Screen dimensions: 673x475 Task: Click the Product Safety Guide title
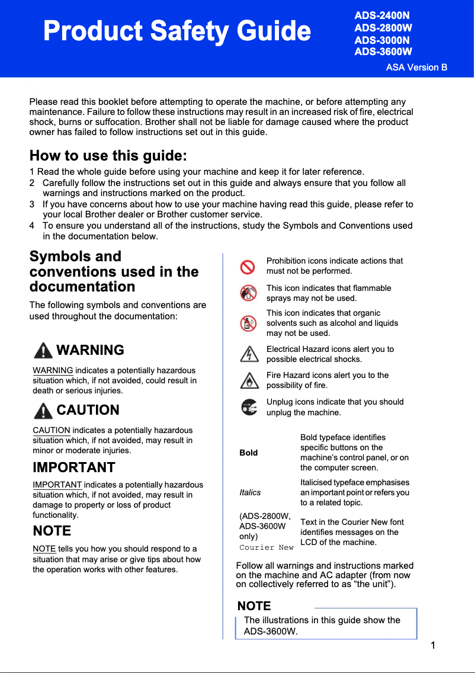click(177, 31)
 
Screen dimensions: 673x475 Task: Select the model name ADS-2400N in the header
click(381, 15)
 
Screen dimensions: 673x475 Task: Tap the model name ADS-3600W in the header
click(383, 52)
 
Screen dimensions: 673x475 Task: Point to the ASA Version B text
click(416, 67)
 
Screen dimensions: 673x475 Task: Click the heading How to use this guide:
click(108, 156)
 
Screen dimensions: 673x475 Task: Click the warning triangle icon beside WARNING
click(43, 351)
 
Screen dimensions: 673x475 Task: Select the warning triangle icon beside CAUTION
click(43, 410)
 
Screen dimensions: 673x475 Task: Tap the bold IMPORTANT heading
click(74, 467)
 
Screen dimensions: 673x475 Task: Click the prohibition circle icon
click(248, 267)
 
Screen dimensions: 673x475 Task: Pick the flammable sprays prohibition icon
click(248, 293)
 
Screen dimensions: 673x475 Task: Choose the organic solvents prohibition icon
click(248, 323)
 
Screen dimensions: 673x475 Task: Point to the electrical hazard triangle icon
click(249, 354)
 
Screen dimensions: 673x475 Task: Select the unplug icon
click(249, 407)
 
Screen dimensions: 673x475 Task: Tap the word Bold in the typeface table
click(249, 453)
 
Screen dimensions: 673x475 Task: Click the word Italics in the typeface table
click(250, 492)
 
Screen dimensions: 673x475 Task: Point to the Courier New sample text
click(266, 547)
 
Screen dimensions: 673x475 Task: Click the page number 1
click(434, 645)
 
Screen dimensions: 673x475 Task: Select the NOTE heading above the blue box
click(254, 606)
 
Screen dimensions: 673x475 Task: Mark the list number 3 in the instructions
click(32, 204)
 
